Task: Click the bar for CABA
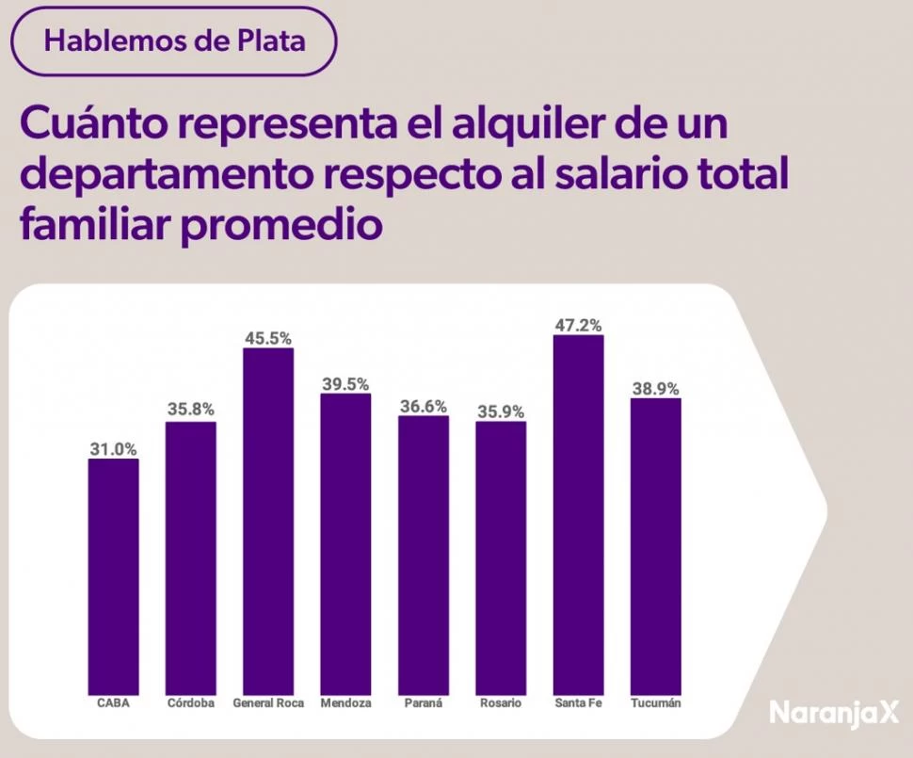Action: (x=113, y=574)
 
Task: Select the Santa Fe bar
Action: (x=578, y=513)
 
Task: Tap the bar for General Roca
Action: (x=268, y=521)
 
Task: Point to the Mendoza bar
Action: (x=345, y=543)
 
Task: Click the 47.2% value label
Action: (x=578, y=325)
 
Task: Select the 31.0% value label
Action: (x=113, y=449)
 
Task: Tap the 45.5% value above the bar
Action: (x=268, y=338)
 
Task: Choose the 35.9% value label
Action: (x=500, y=411)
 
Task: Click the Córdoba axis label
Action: (x=190, y=702)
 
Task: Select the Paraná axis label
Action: (x=423, y=702)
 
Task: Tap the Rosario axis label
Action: (x=500, y=702)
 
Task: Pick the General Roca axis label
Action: (x=268, y=702)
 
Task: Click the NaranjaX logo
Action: (x=834, y=712)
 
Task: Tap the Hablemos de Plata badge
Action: (x=174, y=41)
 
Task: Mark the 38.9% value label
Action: (x=655, y=388)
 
